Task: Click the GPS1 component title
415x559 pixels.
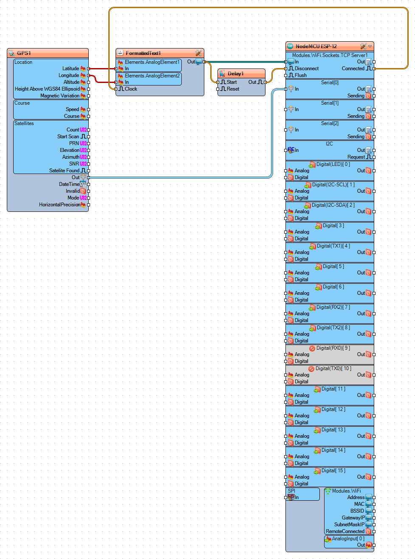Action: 24,53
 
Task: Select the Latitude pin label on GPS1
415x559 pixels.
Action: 71,68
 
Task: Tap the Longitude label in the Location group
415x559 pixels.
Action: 69,75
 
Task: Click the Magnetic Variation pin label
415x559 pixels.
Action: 60,96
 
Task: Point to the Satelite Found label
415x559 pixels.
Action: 64,171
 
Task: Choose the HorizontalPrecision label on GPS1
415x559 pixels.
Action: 59,205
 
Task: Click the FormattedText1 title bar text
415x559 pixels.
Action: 143,53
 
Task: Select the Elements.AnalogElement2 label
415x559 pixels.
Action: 152,76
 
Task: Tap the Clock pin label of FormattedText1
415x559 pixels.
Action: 131,89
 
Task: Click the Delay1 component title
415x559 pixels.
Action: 235,74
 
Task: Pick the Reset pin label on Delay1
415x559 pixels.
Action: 233,89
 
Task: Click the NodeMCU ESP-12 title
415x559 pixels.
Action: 316,46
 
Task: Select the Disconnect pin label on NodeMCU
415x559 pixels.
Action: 307,68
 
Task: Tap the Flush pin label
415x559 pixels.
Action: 301,75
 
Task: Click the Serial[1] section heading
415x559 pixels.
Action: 330,103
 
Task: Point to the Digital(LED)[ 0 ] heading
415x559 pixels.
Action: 333,164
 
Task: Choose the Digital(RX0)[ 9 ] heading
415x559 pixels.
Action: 333,348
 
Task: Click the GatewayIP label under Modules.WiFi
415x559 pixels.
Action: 353,518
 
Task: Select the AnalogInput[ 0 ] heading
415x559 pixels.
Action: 348,539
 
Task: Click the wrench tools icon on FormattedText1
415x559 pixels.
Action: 198,53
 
